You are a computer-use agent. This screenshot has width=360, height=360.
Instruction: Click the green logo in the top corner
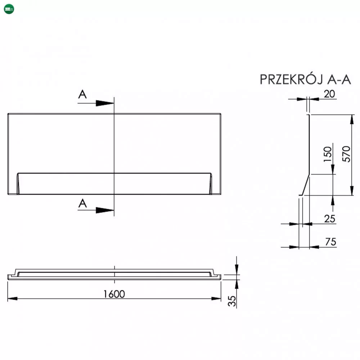[9, 9]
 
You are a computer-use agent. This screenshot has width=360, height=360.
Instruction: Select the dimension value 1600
[114, 294]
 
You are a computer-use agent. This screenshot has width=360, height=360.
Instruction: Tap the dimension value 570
[346, 154]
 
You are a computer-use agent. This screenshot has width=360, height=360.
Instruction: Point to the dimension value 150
[328, 154]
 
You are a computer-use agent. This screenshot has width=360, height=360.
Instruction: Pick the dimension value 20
[329, 94]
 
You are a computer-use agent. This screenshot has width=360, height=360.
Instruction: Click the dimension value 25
[330, 219]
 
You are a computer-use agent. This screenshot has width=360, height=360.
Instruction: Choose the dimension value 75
[330, 242]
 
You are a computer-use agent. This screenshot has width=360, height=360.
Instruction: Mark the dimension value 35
[232, 301]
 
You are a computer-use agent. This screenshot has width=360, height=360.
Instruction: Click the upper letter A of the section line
[82, 94]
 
